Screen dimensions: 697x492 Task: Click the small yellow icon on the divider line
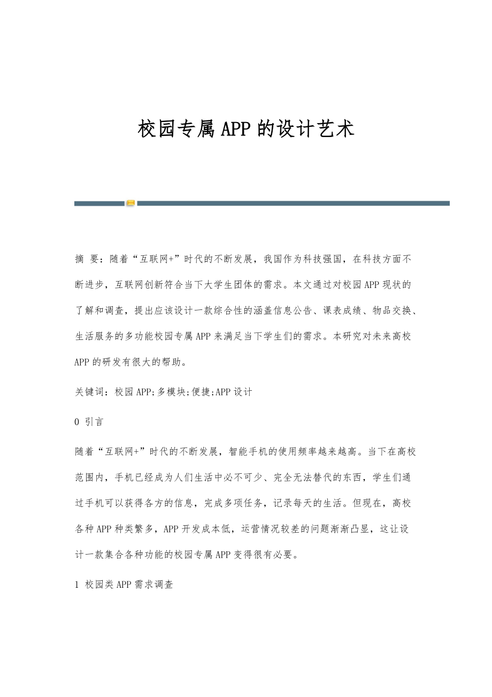coord(130,203)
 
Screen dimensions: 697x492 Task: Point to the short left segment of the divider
coord(99,203)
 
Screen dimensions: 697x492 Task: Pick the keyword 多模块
coord(171,392)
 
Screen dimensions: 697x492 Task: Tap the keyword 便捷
coord(202,392)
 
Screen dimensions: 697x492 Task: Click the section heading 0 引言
coord(89,422)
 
